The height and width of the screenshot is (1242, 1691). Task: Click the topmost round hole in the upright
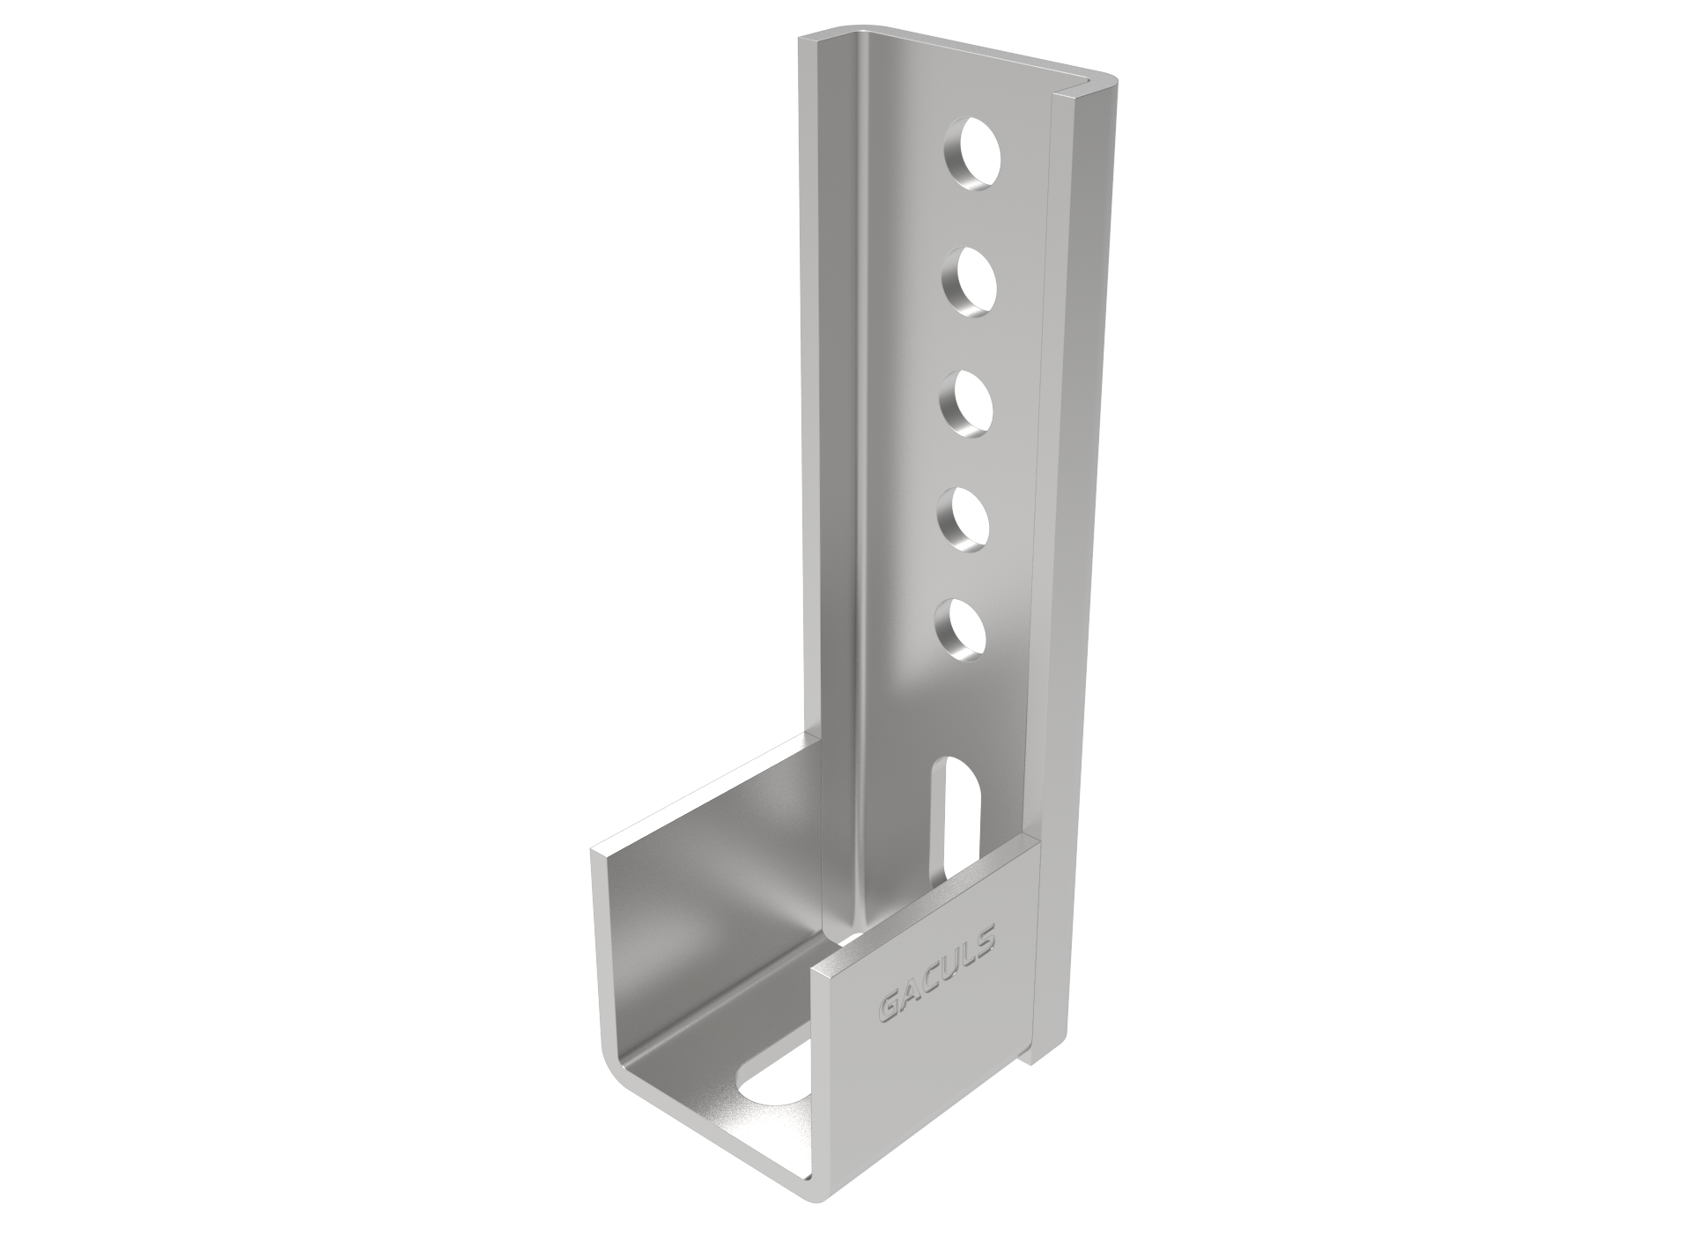tap(974, 160)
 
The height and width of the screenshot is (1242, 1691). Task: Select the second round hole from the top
tap(969, 284)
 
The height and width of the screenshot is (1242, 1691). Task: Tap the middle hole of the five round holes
tap(965, 406)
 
